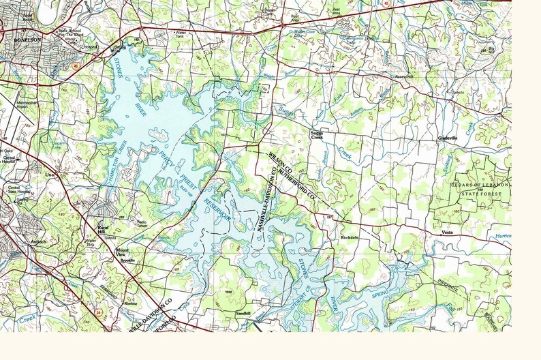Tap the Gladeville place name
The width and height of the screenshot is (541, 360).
coord(450,137)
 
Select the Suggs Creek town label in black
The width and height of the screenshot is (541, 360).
coord(318,134)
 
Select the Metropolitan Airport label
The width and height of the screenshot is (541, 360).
coord(27,106)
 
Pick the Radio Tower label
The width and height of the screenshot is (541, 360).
coord(142,223)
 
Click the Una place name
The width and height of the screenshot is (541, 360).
coord(48,175)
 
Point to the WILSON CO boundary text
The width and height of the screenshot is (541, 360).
coord(280,164)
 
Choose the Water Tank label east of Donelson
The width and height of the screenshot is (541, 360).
coord(181,34)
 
